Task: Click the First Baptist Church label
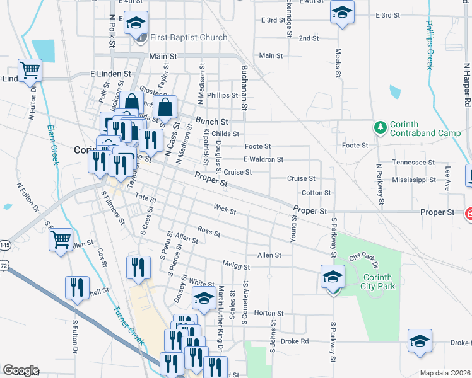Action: (187, 37)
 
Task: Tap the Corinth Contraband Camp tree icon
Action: (380, 128)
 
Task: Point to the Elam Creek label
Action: (53, 144)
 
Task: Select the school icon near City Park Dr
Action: (333, 277)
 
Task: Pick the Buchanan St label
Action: (242, 88)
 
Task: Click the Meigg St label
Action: (235, 265)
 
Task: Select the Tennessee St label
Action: (413, 162)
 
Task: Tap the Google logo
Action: (21, 370)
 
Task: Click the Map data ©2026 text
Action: (445, 373)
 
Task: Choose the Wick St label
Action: (224, 209)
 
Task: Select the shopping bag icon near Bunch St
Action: (165, 106)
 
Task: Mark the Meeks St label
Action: (338, 64)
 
